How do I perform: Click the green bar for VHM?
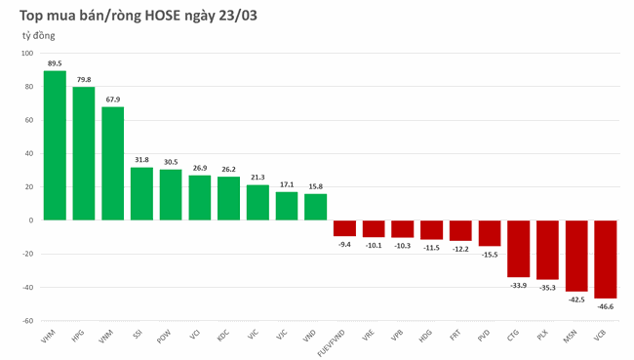click(55, 145)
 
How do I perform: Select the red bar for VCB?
click(606, 259)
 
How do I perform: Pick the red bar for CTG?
click(519, 248)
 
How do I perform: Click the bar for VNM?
click(113, 163)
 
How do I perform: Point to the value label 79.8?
click(84, 80)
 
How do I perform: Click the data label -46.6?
click(606, 306)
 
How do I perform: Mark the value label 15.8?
click(316, 186)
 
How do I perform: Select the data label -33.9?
click(519, 285)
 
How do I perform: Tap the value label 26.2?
click(229, 169)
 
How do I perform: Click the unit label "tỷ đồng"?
click(39, 35)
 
